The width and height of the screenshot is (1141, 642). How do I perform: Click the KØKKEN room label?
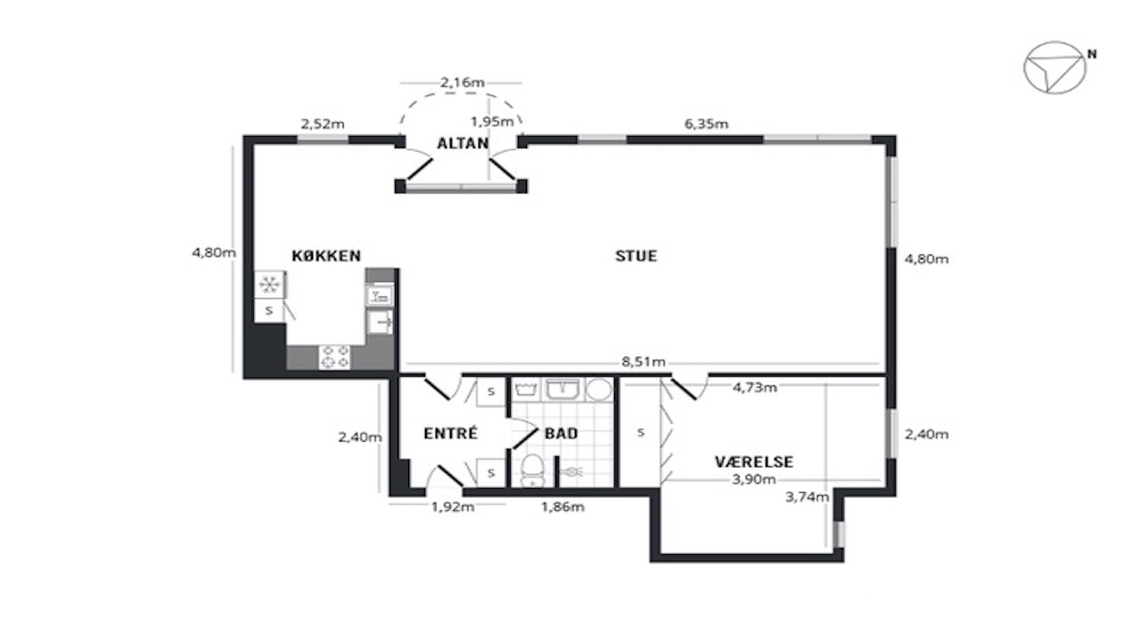pyautogui.click(x=326, y=256)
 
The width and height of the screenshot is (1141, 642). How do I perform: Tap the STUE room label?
pyautogui.click(x=636, y=256)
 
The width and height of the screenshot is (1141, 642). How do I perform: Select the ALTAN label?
pyautogui.click(x=463, y=143)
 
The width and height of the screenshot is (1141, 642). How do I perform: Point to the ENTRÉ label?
pyautogui.click(x=451, y=434)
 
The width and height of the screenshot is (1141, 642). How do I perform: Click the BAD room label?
pyautogui.click(x=561, y=434)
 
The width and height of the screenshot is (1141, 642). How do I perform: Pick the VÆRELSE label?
pyautogui.click(x=754, y=462)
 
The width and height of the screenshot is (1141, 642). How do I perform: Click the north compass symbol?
pyautogui.click(x=1055, y=68)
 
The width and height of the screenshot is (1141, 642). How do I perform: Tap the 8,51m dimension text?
pyautogui.click(x=643, y=362)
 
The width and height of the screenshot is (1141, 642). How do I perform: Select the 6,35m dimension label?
pyautogui.click(x=706, y=124)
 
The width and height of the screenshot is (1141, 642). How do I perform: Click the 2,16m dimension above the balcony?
pyautogui.click(x=462, y=83)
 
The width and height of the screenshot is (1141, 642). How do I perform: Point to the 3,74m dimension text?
pyautogui.click(x=807, y=496)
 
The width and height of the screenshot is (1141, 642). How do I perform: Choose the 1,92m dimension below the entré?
pyautogui.click(x=453, y=507)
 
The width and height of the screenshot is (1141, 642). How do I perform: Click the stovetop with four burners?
pyautogui.click(x=334, y=357)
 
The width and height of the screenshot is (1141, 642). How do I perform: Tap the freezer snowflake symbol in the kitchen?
pyautogui.click(x=270, y=284)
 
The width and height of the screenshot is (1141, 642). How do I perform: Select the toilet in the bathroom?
pyautogui.click(x=533, y=470)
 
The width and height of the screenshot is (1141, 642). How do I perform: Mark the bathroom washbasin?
pyautogui.click(x=563, y=389)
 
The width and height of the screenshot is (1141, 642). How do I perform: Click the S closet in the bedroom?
pyautogui.click(x=640, y=432)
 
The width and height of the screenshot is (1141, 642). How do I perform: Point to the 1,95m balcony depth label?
pyautogui.click(x=492, y=122)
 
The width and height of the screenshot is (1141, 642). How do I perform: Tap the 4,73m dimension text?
pyautogui.click(x=755, y=388)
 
